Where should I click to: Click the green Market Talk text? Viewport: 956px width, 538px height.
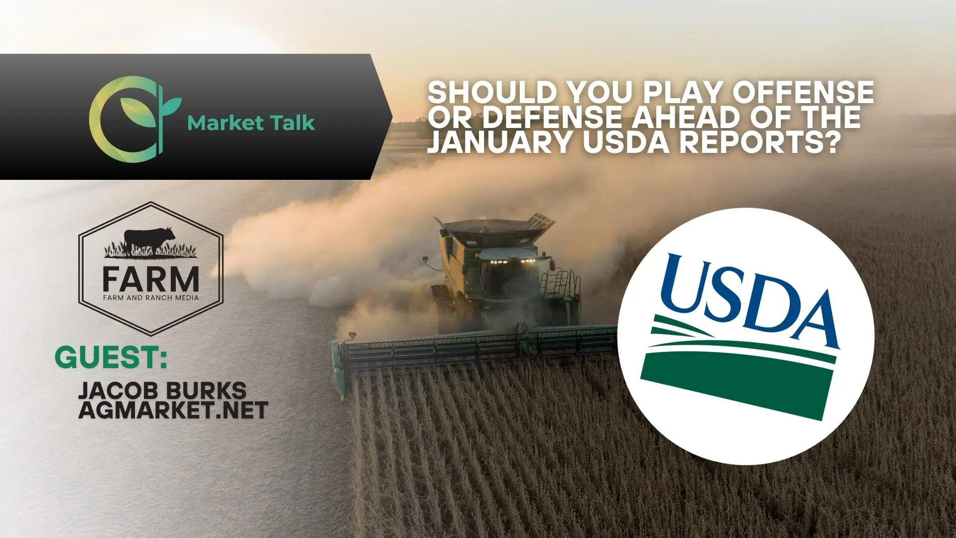251,122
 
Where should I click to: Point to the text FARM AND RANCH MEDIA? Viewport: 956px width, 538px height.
151,298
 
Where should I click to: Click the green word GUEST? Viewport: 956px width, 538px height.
111,358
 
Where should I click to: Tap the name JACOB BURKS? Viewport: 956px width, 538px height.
162,390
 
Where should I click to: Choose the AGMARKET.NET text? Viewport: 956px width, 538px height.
173,410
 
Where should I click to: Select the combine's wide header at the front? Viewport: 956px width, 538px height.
478,349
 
